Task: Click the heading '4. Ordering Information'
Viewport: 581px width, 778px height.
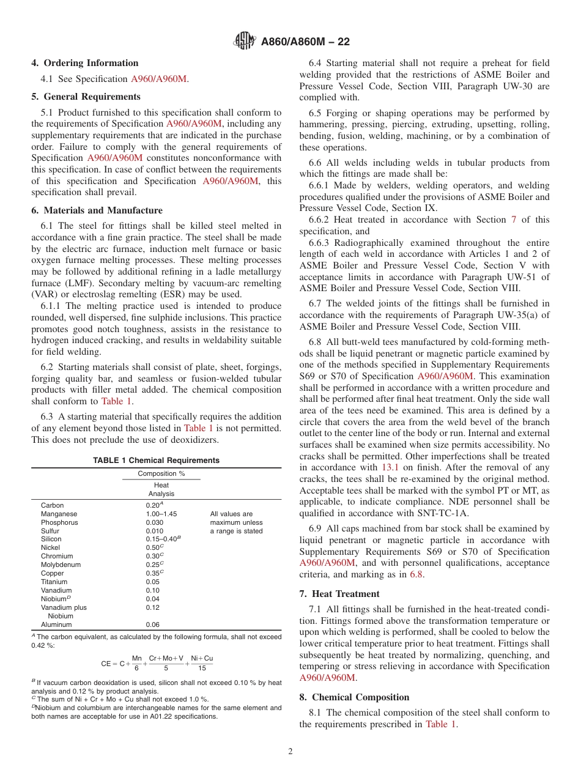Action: pos(85,63)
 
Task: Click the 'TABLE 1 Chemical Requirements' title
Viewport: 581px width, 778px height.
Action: pos(156,461)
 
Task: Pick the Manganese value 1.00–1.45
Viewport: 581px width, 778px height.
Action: pos(161,514)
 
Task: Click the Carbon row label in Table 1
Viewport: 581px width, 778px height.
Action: pos(52,506)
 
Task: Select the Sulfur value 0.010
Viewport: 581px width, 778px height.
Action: pos(154,532)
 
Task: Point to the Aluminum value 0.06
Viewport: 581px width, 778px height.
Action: pos(152,625)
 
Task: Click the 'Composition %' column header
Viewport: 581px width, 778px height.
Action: pos(161,474)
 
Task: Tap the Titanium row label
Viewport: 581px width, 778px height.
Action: pos(54,582)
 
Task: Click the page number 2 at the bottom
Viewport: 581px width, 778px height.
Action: pos(290,752)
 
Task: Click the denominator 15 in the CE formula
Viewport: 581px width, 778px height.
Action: pos(201,669)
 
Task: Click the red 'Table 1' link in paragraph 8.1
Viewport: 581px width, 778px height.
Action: pos(440,724)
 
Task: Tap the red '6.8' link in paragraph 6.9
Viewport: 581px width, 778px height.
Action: pos(416,574)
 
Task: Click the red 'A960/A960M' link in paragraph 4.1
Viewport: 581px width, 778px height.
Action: pos(158,79)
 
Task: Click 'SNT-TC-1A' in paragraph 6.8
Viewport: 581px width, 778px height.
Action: pos(446,513)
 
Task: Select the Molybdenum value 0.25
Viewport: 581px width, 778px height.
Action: pos(153,565)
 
